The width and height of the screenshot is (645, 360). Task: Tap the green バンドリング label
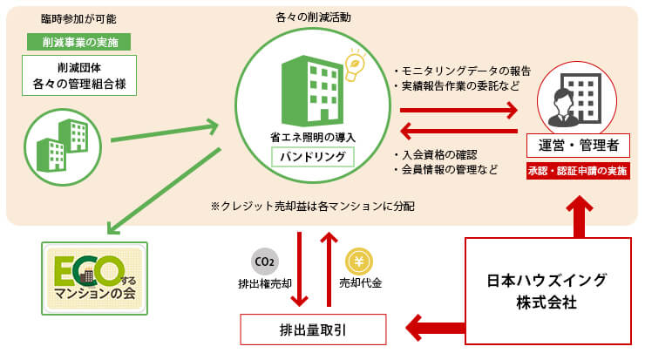[x=312, y=158]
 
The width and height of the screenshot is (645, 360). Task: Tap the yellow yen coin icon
[x=359, y=261]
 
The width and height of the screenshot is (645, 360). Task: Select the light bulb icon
[x=355, y=64]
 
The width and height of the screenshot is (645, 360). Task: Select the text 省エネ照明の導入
[x=312, y=138]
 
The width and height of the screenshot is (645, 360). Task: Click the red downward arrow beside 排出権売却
[x=301, y=268]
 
